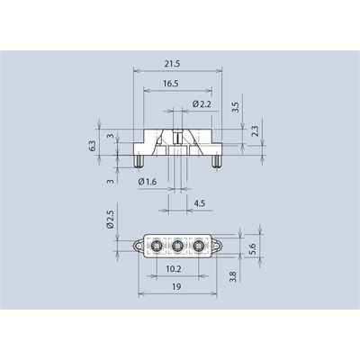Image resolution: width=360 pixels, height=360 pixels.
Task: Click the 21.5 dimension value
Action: coord(172,64)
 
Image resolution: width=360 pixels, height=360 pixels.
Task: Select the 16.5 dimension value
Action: coord(171,84)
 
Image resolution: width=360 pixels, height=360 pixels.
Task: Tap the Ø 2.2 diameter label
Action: coord(202,104)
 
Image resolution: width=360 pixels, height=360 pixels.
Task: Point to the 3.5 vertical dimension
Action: coord(236,107)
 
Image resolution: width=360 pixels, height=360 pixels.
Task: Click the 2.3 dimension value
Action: coord(255,130)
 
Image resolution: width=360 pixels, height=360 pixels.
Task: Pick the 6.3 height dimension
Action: coord(93,146)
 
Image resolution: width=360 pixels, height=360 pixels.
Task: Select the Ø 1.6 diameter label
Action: coord(148,182)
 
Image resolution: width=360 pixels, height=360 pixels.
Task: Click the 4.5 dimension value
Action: coord(200,203)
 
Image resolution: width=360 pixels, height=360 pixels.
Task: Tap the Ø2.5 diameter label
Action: coord(111,220)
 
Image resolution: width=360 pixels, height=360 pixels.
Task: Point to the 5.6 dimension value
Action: coord(252,248)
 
